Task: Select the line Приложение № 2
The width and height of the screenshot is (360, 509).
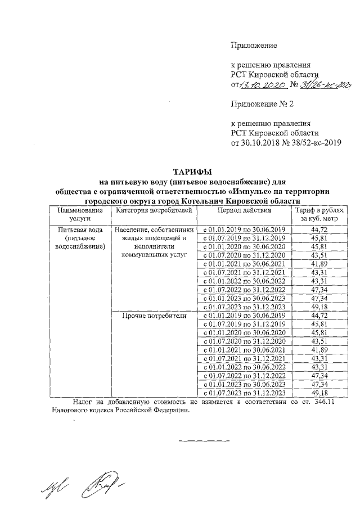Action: (x=263, y=104)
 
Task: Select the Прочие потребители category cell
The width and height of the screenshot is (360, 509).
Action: (x=154, y=316)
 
